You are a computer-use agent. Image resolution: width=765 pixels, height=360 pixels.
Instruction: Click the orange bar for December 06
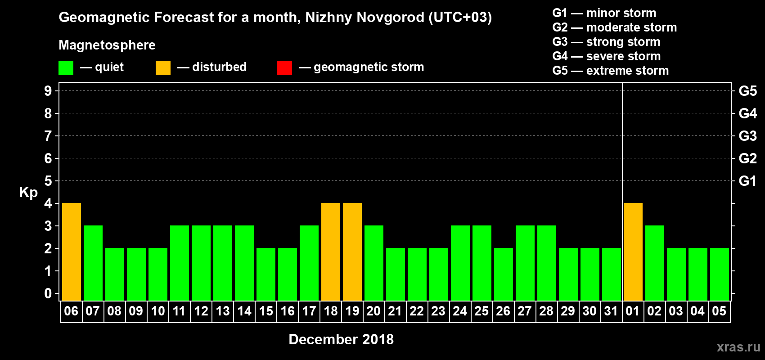click(x=72, y=252)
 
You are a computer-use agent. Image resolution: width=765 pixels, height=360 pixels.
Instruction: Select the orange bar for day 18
click(x=331, y=252)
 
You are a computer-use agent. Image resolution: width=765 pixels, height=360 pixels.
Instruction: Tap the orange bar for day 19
click(x=352, y=252)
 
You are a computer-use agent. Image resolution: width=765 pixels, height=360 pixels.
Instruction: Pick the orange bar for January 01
click(x=633, y=252)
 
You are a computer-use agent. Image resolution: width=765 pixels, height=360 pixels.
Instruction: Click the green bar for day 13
click(x=223, y=263)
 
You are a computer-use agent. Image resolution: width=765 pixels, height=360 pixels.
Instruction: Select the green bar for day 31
click(x=612, y=274)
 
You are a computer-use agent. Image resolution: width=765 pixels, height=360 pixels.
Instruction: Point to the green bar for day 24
click(x=460, y=263)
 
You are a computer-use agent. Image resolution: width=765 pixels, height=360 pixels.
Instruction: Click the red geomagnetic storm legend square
click(x=284, y=68)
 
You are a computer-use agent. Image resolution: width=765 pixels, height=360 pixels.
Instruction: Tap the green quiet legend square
click(x=66, y=68)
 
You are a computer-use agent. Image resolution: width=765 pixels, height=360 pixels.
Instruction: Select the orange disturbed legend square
click(x=163, y=68)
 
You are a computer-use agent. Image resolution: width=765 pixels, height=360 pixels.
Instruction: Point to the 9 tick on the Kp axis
click(x=48, y=91)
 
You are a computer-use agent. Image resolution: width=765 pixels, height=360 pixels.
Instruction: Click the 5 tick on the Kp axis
click(x=48, y=181)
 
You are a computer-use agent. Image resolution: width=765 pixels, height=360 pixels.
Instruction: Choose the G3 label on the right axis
click(x=747, y=136)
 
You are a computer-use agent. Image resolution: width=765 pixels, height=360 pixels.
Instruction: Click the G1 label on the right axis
click(x=747, y=181)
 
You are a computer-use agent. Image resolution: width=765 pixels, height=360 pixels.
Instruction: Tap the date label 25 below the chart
click(x=481, y=311)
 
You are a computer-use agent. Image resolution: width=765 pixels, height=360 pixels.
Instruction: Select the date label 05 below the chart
click(x=719, y=311)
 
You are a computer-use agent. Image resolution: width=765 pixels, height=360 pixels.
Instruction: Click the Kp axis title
click(x=28, y=192)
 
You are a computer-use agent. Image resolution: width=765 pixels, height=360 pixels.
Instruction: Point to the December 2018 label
click(x=341, y=339)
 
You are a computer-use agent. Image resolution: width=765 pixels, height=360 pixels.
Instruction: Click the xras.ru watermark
click(x=738, y=347)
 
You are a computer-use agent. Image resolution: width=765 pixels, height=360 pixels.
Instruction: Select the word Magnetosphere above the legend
click(x=107, y=45)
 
